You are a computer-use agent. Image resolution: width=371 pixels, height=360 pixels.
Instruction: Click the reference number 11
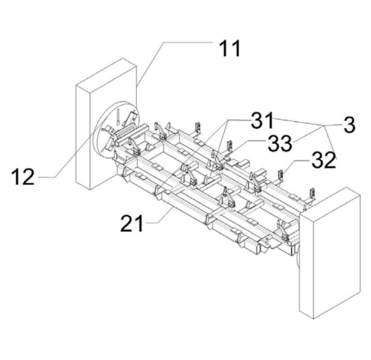(x=228, y=49)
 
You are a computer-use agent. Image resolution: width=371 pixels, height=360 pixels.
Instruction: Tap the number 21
(x=133, y=224)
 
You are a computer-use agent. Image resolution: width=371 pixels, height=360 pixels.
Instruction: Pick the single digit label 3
(x=349, y=125)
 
